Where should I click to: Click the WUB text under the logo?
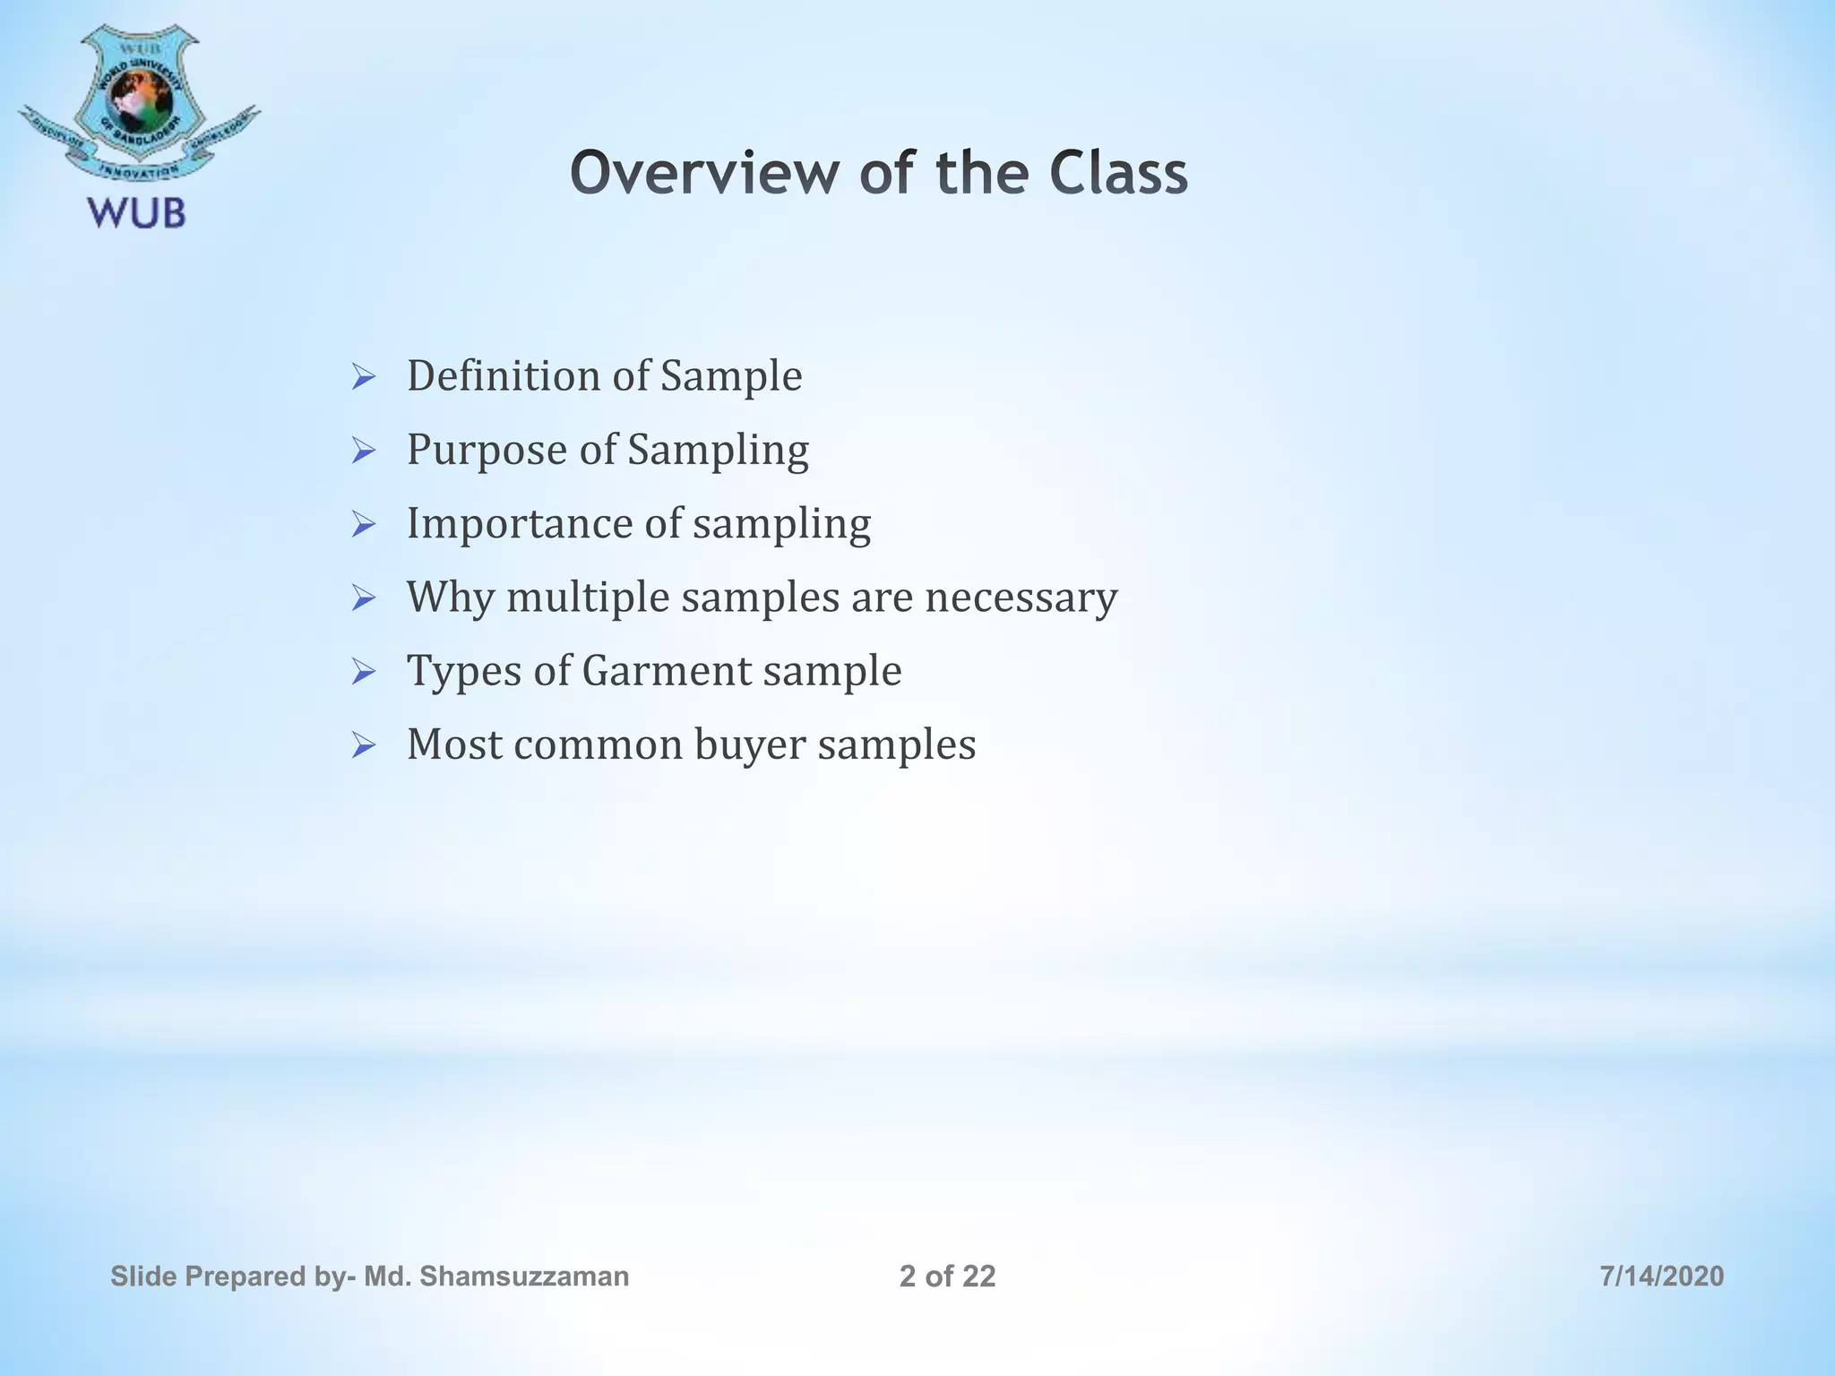136,213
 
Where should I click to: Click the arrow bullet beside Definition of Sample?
363,377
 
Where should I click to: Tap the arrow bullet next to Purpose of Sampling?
363,451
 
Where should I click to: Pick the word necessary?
1021,598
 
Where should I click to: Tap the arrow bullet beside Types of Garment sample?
363,672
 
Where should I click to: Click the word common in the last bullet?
599,744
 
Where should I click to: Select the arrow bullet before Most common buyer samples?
363,745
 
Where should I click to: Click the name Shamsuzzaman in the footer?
523,1276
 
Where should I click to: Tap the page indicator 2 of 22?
947,1276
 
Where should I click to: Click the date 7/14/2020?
1661,1276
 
